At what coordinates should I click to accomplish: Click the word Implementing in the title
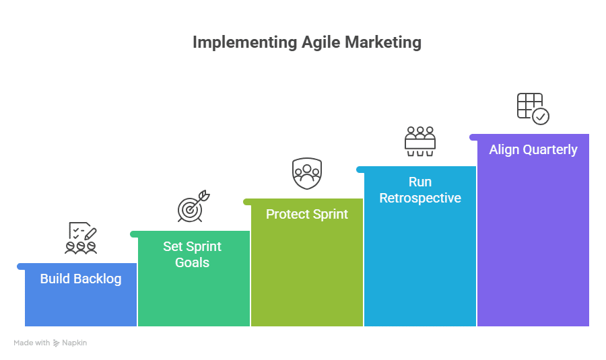pos(244,42)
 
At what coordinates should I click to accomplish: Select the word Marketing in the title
pos(383,42)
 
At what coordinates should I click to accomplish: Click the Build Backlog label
pos(81,279)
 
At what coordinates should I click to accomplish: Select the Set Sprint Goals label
pos(192,254)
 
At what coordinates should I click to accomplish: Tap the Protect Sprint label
pos(307,214)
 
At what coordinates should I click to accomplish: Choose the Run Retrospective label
pos(420,190)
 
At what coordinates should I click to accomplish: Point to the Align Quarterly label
pos(533,149)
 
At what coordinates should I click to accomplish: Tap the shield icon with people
pos(307,173)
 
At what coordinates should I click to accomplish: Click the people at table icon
pos(420,141)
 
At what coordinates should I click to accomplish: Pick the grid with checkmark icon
pos(533,108)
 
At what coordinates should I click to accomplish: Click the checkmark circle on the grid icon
pos(541,116)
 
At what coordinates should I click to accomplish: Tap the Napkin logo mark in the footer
pos(57,343)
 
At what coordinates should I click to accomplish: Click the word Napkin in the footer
pos(75,343)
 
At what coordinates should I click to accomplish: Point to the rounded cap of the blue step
pos(21,266)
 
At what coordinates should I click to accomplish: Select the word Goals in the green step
pos(192,262)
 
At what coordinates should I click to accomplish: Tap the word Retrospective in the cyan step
pos(420,198)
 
